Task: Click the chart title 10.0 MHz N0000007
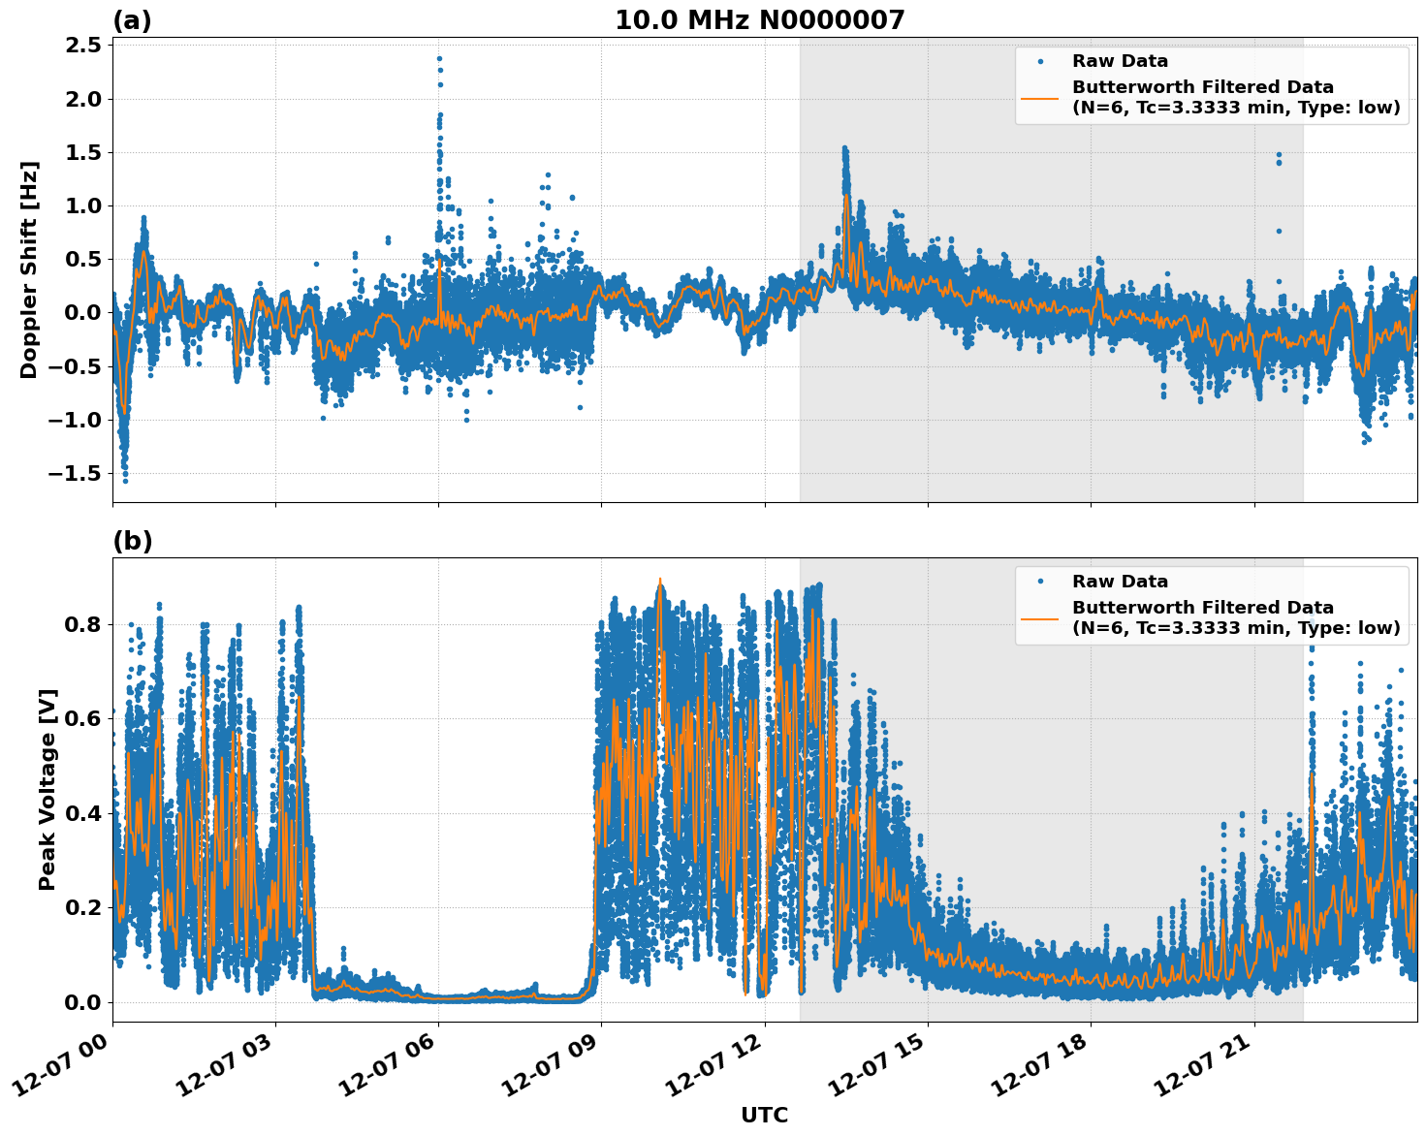tap(759, 20)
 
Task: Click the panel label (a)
tap(132, 20)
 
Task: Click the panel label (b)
tap(132, 541)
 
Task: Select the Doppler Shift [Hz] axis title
tap(29, 269)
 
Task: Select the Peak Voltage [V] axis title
tap(48, 789)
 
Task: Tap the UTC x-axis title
tap(764, 1115)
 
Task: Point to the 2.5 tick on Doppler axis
tap(81, 46)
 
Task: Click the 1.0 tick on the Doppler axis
tap(81, 205)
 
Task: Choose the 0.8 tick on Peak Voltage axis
tap(81, 624)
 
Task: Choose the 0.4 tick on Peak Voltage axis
tap(81, 813)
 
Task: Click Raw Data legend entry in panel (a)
tap(1120, 61)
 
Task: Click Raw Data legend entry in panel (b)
tap(1120, 582)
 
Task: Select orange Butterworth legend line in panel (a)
tap(1039, 98)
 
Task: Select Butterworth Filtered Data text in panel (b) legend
tap(1202, 608)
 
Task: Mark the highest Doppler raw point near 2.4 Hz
tap(439, 58)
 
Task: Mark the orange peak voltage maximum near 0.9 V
tap(660, 580)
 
